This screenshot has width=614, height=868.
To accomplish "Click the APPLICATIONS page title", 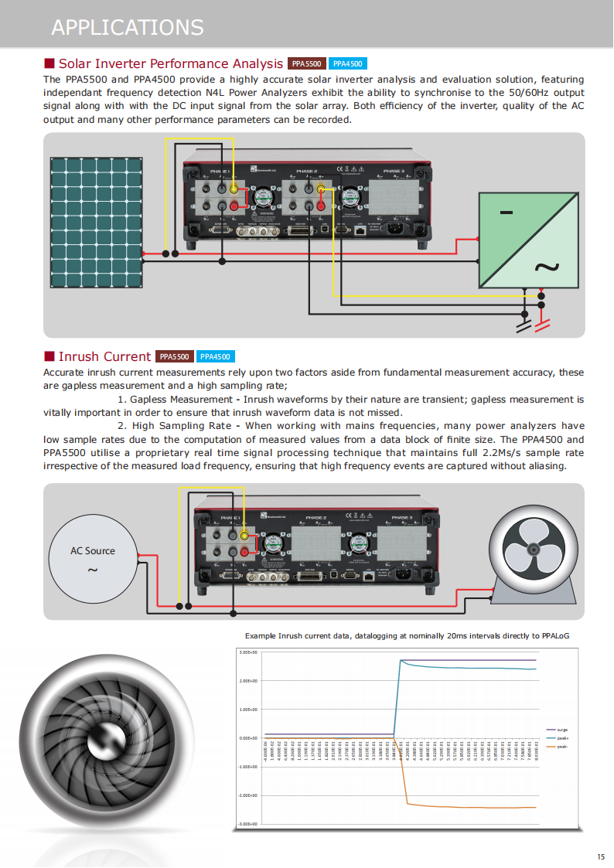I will pos(127,27).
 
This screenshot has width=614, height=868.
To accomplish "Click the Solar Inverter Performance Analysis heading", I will pos(171,63).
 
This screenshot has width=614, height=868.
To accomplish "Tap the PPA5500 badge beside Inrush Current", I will pos(174,356).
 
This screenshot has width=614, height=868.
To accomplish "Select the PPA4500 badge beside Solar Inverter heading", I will pos(347,64).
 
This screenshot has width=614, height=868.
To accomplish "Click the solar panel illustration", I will pos(97,221).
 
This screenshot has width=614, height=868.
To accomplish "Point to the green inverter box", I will pos(528,240).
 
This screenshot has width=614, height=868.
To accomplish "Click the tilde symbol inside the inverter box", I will pos(546,267).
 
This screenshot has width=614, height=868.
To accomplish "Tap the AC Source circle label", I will pos(93,551).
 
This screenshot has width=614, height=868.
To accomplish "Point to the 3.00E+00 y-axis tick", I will pos(247,652).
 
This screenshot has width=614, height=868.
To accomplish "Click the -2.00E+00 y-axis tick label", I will pos(247,795).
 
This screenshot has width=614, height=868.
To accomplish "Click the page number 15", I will pos(601,856).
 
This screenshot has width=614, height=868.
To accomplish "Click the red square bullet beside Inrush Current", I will pos(49,356).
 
